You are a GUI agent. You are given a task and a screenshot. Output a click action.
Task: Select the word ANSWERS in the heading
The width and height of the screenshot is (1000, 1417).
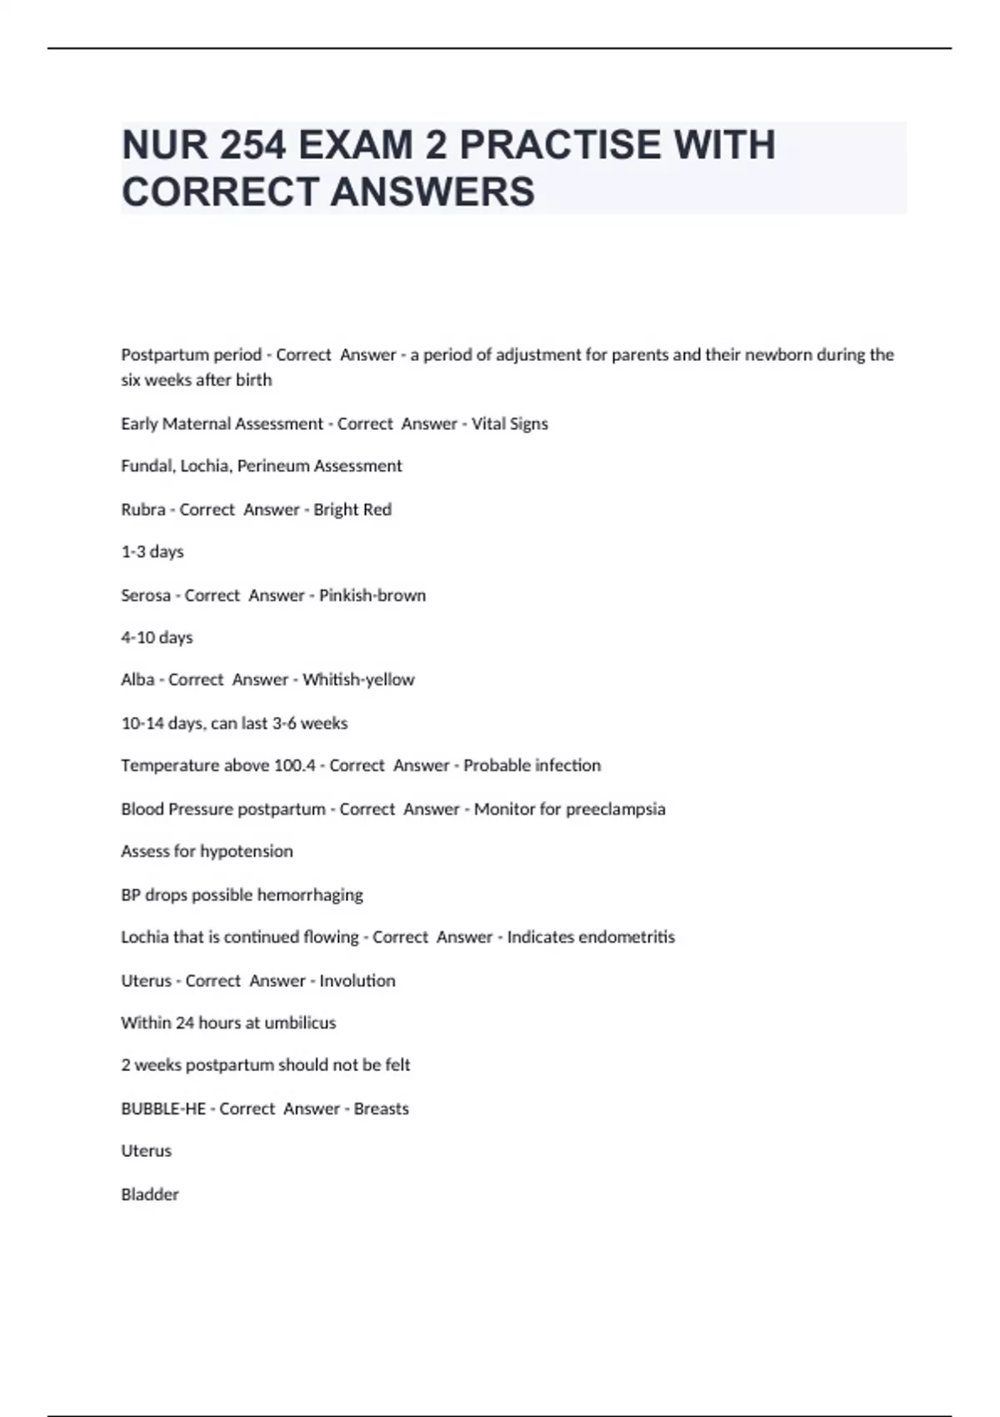(x=432, y=192)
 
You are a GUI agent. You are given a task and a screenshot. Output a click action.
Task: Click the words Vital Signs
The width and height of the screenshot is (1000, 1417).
(x=509, y=423)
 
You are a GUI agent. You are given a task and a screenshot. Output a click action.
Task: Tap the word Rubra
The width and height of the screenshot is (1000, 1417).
(x=142, y=509)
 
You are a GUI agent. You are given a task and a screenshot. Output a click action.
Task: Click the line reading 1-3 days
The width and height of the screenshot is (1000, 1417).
(x=152, y=552)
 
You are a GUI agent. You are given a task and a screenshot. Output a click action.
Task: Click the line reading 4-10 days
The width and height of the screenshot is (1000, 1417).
(x=157, y=638)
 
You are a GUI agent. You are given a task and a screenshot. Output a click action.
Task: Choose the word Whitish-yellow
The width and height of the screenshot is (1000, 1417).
(x=358, y=680)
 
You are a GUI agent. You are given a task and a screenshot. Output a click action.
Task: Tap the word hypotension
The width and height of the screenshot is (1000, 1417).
(x=246, y=851)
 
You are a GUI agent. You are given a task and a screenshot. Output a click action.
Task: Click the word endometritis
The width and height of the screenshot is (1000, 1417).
(x=626, y=937)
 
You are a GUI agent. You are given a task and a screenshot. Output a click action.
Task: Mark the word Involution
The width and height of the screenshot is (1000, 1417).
(x=357, y=981)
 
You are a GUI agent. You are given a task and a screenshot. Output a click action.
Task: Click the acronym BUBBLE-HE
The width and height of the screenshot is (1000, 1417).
(x=163, y=1109)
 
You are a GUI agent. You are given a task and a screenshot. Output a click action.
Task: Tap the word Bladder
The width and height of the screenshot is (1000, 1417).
(x=150, y=1194)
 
